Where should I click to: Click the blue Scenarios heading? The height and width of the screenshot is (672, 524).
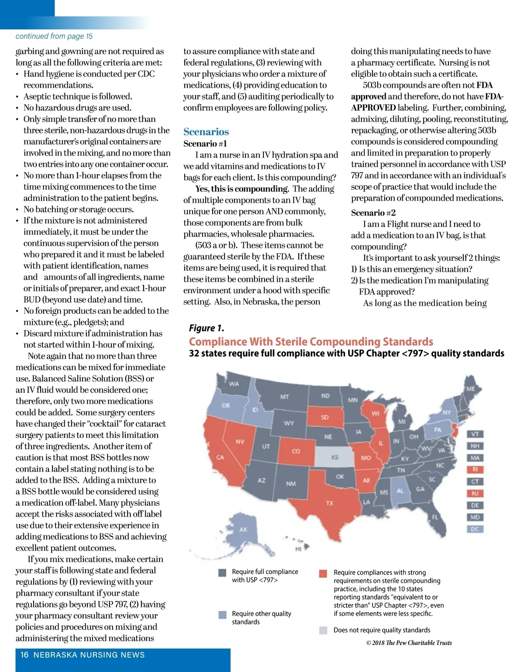coord(206,132)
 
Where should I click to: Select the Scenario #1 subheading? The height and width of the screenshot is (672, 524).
coord(205,144)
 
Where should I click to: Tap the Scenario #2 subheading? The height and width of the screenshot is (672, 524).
coord(373,213)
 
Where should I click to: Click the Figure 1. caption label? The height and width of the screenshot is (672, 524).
coord(207,328)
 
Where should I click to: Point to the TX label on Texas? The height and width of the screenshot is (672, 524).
coord(330,503)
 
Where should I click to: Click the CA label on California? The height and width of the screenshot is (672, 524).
coord(220,457)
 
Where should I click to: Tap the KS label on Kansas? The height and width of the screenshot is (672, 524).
coord(335,457)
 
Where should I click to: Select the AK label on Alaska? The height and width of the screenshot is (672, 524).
coord(243,530)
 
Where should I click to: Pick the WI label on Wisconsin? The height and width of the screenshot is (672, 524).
coord(376,413)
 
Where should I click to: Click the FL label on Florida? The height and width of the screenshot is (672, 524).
coord(435,517)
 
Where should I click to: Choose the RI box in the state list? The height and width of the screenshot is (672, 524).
coord(475,470)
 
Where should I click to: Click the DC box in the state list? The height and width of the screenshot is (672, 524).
coord(475,529)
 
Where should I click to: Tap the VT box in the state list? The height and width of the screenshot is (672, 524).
coord(475,434)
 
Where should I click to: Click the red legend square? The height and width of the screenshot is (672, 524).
coord(323,573)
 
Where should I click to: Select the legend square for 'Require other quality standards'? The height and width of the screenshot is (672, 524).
coord(223,615)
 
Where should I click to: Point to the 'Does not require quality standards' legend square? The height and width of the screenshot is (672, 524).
coord(323,630)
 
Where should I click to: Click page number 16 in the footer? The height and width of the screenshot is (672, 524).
coord(24,655)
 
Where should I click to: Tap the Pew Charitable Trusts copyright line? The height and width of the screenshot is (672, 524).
coord(409,643)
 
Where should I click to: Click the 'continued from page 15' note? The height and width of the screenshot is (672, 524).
coord(54,36)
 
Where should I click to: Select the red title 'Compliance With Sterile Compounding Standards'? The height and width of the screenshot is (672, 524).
coord(311,342)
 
